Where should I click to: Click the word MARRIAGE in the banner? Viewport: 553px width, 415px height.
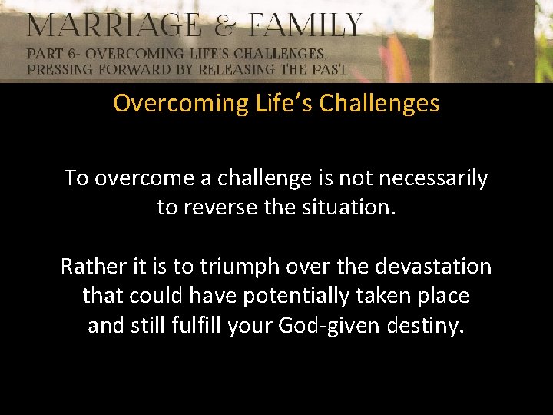(113, 26)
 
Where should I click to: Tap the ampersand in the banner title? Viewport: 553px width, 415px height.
(226, 26)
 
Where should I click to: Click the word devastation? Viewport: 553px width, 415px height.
(433, 267)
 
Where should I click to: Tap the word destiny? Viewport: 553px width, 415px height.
(426, 326)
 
